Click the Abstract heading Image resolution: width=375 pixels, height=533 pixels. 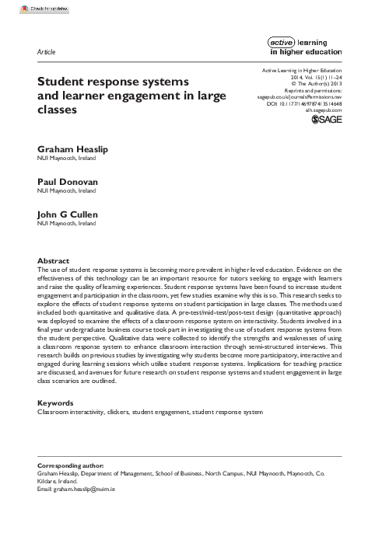click(x=54, y=260)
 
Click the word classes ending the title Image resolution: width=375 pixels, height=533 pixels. click(x=58, y=110)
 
